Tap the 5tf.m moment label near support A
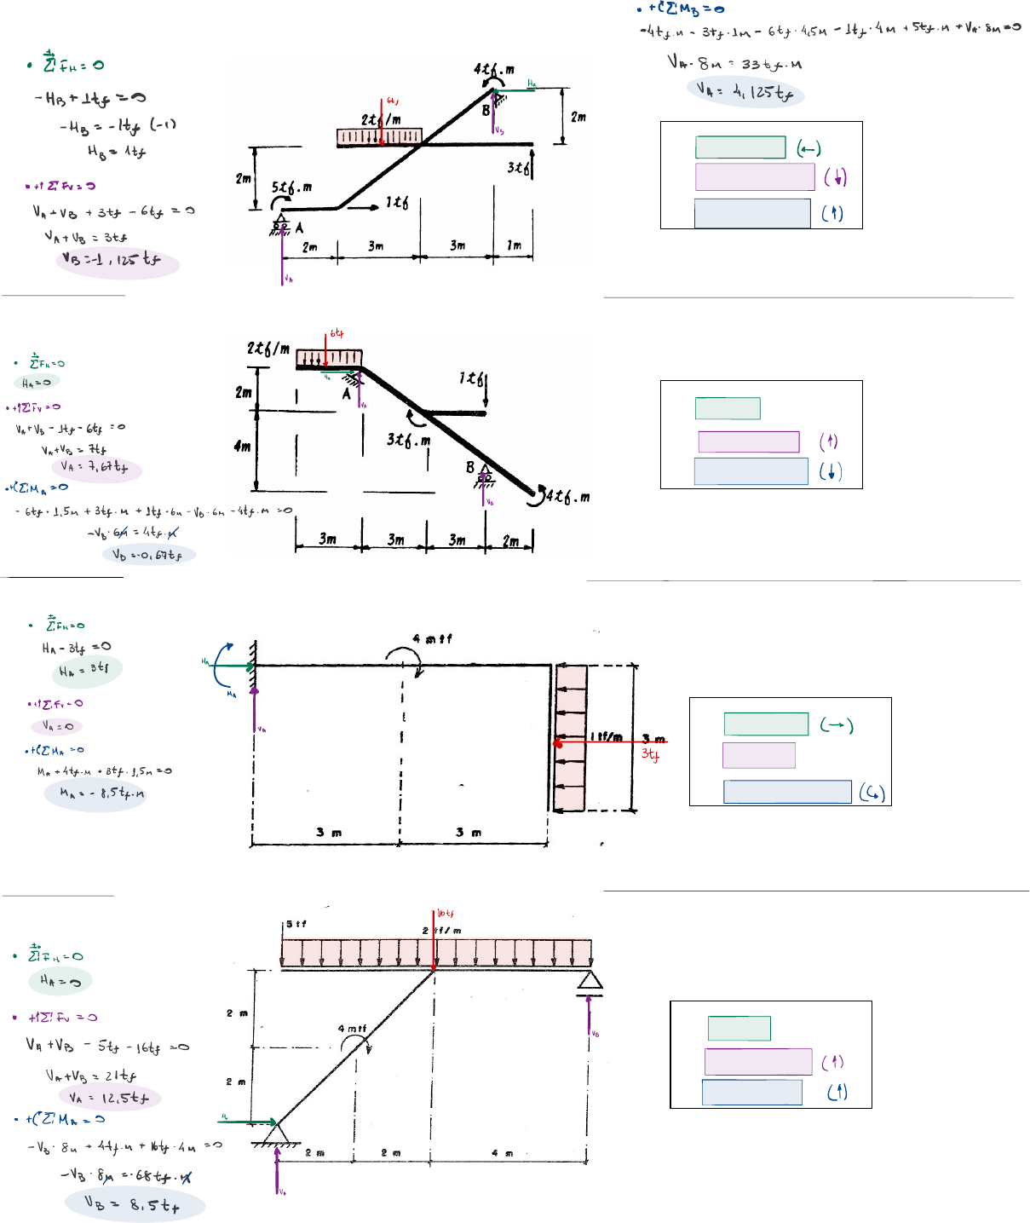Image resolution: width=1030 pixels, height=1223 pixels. [x=291, y=187]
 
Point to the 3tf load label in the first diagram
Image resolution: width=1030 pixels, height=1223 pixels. [x=516, y=167]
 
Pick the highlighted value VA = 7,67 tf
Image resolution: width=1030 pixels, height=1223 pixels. [x=95, y=467]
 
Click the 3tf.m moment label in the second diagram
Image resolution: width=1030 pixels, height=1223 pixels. [x=408, y=440]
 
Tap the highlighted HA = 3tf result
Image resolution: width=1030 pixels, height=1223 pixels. [x=85, y=670]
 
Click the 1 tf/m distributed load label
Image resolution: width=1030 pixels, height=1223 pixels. [x=606, y=736]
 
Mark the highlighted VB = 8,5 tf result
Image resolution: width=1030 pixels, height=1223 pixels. [x=133, y=1204]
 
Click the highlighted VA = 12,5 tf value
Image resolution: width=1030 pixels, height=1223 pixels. [x=109, y=1098]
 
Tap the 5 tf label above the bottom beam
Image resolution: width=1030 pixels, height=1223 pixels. [x=296, y=924]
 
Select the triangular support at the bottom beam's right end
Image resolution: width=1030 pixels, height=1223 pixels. [x=590, y=982]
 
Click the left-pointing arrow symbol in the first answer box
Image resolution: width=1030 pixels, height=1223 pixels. [x=808, y=149]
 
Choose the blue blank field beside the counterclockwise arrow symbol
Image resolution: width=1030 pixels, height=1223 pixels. [x=786, y=792]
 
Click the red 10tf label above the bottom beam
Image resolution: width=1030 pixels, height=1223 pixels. [x=446, y=914]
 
